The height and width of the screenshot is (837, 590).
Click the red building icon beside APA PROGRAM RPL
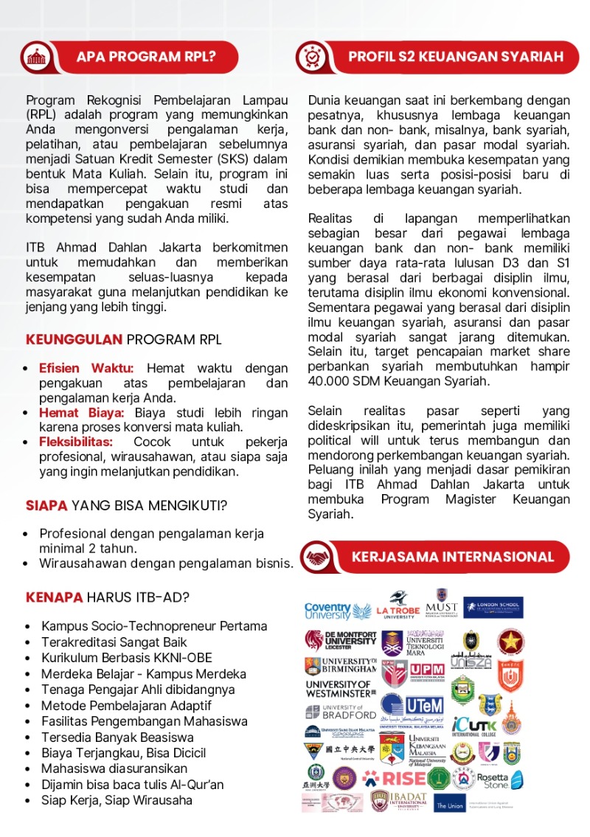tap(34, 57)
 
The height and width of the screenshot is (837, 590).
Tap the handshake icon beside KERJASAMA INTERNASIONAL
tap(317, 557)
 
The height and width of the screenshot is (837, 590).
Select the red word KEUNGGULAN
tap(74, 340)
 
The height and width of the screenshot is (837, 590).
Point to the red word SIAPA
tap(46, 506)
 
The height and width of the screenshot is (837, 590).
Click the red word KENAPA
tap(54, 597)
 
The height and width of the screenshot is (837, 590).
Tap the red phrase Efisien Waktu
tap(86, 368)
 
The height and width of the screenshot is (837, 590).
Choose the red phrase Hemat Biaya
tap(82, 412)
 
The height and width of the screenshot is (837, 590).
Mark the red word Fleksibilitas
tap(76, 442)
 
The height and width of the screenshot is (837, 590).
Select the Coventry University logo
tap(339, 611)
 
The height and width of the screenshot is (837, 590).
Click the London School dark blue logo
tap(493, 608)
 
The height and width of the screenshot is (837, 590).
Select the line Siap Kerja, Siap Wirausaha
tap(117, 800)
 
